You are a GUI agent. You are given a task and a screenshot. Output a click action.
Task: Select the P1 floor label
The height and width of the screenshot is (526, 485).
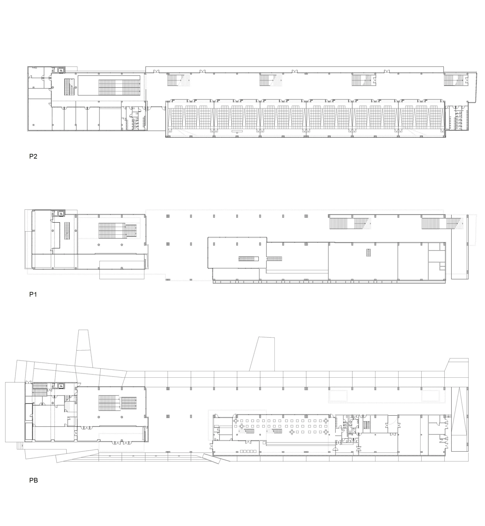pos(33,294)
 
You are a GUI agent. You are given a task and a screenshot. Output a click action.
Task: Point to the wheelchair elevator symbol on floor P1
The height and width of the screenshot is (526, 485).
pos(61,214)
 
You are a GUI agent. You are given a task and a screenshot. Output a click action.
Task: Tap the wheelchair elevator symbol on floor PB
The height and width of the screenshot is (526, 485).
pos(61,386)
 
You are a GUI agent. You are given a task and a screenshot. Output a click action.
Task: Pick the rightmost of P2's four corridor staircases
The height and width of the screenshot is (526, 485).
pos(456,80)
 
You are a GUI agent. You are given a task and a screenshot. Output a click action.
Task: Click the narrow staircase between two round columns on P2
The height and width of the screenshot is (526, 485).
pos(68,87)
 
